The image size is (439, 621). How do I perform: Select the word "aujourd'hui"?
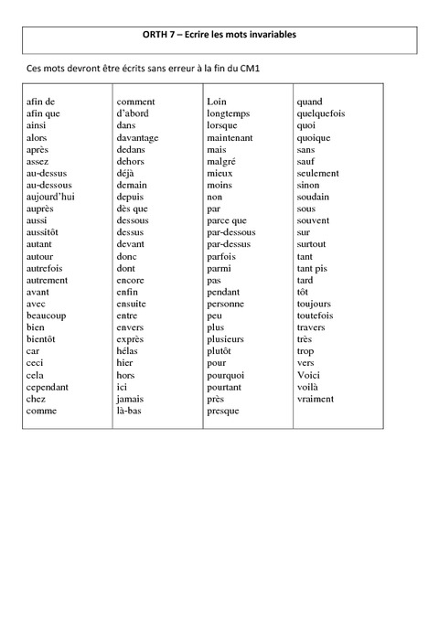point(50,197)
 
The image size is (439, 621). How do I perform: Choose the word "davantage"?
point(137,137)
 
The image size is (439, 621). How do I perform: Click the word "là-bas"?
point(131,411)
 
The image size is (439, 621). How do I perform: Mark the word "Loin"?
point(217,102)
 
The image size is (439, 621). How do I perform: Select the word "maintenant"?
point(230,137)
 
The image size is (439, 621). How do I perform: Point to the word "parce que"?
point(227,220)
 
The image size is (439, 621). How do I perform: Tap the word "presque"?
point(223,411)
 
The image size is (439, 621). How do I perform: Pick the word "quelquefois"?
point(321,113)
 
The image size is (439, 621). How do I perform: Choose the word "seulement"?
point(318,173)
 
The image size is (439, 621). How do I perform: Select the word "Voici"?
point(308,375)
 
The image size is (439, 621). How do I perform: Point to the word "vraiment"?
point(316,399)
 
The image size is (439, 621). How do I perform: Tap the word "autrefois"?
point(47,268)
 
